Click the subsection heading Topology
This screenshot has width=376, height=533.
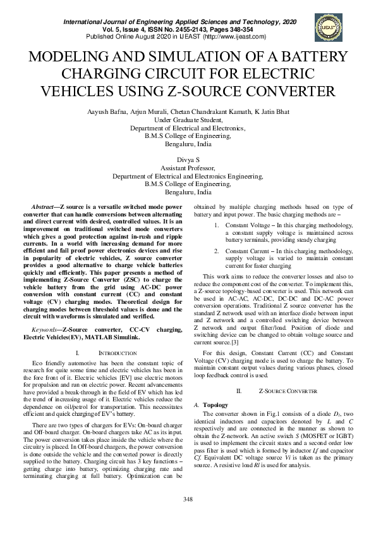click(x=215, y=404)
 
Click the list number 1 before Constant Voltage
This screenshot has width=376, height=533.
click(x=216, y=225)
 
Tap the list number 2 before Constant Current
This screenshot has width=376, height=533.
click(x=216, y=251)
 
